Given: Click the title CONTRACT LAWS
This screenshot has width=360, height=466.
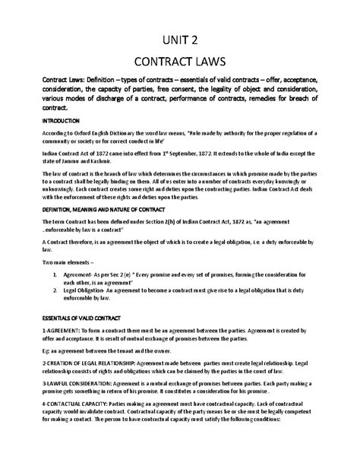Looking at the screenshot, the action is point(180,61).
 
